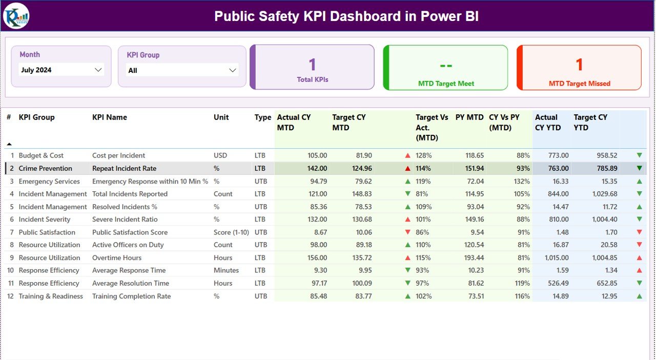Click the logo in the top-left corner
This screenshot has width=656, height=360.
[16, 16]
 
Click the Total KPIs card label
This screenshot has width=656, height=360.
[313, 80]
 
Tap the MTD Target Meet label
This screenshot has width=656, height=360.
[446, 84]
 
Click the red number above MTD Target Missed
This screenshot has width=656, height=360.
[579, 65]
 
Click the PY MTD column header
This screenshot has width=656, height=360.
[469, 117]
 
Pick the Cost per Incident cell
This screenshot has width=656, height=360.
[118, 155]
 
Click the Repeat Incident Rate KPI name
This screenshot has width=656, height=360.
[124, 168]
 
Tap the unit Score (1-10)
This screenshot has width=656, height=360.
[230, 232]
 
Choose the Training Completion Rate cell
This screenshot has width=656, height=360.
[131, 296]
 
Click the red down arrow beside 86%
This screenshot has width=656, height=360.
[408, 232]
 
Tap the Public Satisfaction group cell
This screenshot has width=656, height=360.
[47, 232]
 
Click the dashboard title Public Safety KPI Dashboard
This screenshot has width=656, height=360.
[346, 16]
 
